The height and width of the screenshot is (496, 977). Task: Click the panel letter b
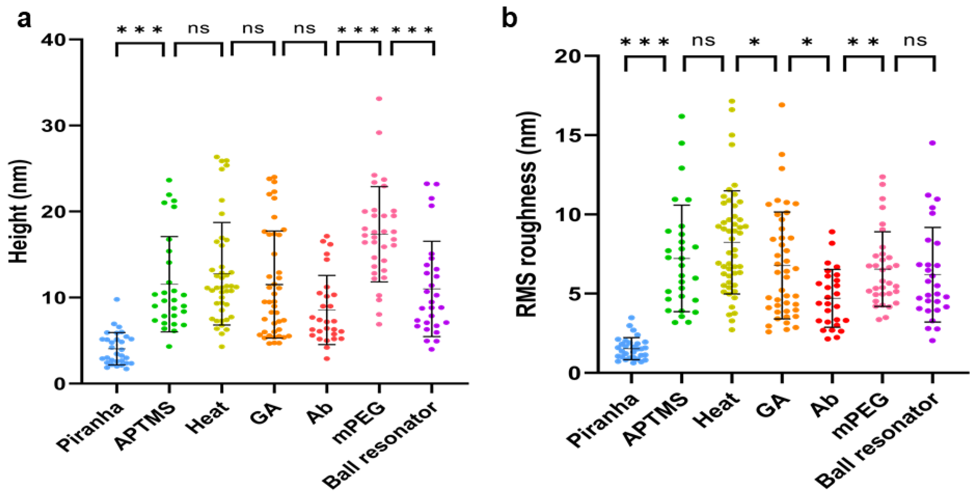tap(509, 19)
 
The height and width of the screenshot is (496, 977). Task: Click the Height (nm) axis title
tap(19, 211)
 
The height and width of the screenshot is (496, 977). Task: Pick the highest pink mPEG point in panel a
tap(379, 99)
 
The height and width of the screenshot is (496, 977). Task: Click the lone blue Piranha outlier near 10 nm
tap(117, 299)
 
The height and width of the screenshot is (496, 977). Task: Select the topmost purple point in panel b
tap(932, 143)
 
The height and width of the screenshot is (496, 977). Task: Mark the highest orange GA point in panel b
tap(782, 105)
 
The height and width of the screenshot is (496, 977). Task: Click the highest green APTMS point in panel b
tap(682, 116)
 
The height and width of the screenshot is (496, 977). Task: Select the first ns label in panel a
tap(198, 28)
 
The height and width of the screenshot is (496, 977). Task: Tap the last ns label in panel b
tap(915, 40)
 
